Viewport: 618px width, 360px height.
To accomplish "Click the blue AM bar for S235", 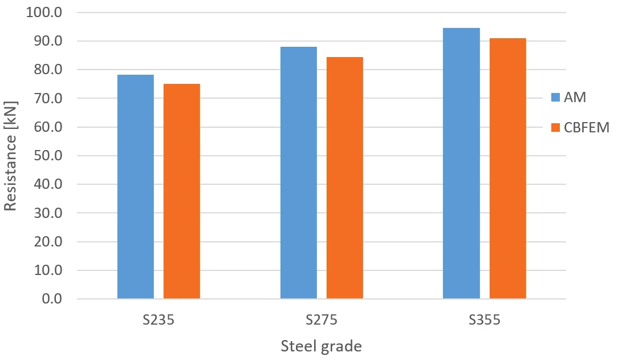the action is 136,187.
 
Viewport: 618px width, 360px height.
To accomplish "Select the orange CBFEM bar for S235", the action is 182,191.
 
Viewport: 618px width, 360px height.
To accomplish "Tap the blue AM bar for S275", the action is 299,173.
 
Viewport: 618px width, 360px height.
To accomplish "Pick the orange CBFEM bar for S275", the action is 345,178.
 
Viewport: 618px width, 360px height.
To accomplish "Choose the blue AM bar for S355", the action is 462,163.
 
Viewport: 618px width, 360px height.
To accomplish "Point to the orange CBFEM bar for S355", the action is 507,168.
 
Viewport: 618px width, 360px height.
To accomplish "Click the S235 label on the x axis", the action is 158,320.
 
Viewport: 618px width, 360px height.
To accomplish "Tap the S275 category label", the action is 322,320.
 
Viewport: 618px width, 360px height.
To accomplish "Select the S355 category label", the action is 485,320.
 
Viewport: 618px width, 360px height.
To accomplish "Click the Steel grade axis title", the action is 321,346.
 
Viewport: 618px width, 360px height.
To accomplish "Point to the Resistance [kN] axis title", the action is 11,156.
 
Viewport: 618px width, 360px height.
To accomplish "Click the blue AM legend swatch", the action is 555,97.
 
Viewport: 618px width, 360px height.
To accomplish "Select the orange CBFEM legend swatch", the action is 555,127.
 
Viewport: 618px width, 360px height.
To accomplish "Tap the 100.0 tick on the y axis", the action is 44,12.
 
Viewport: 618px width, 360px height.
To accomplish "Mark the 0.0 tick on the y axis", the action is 52,299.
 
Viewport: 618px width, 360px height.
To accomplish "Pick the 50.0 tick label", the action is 48,156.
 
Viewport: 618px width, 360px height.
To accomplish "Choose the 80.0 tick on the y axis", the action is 48,70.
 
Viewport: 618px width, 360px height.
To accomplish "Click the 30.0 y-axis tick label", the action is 48,213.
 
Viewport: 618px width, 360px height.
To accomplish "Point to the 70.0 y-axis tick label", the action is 48,98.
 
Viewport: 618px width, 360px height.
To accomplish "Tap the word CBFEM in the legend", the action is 587,127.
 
